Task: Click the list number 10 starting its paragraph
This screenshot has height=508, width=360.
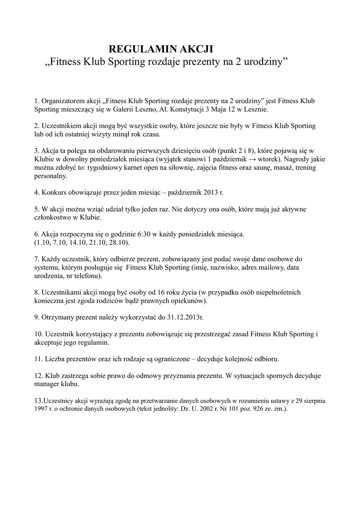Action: pos(38,334)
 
